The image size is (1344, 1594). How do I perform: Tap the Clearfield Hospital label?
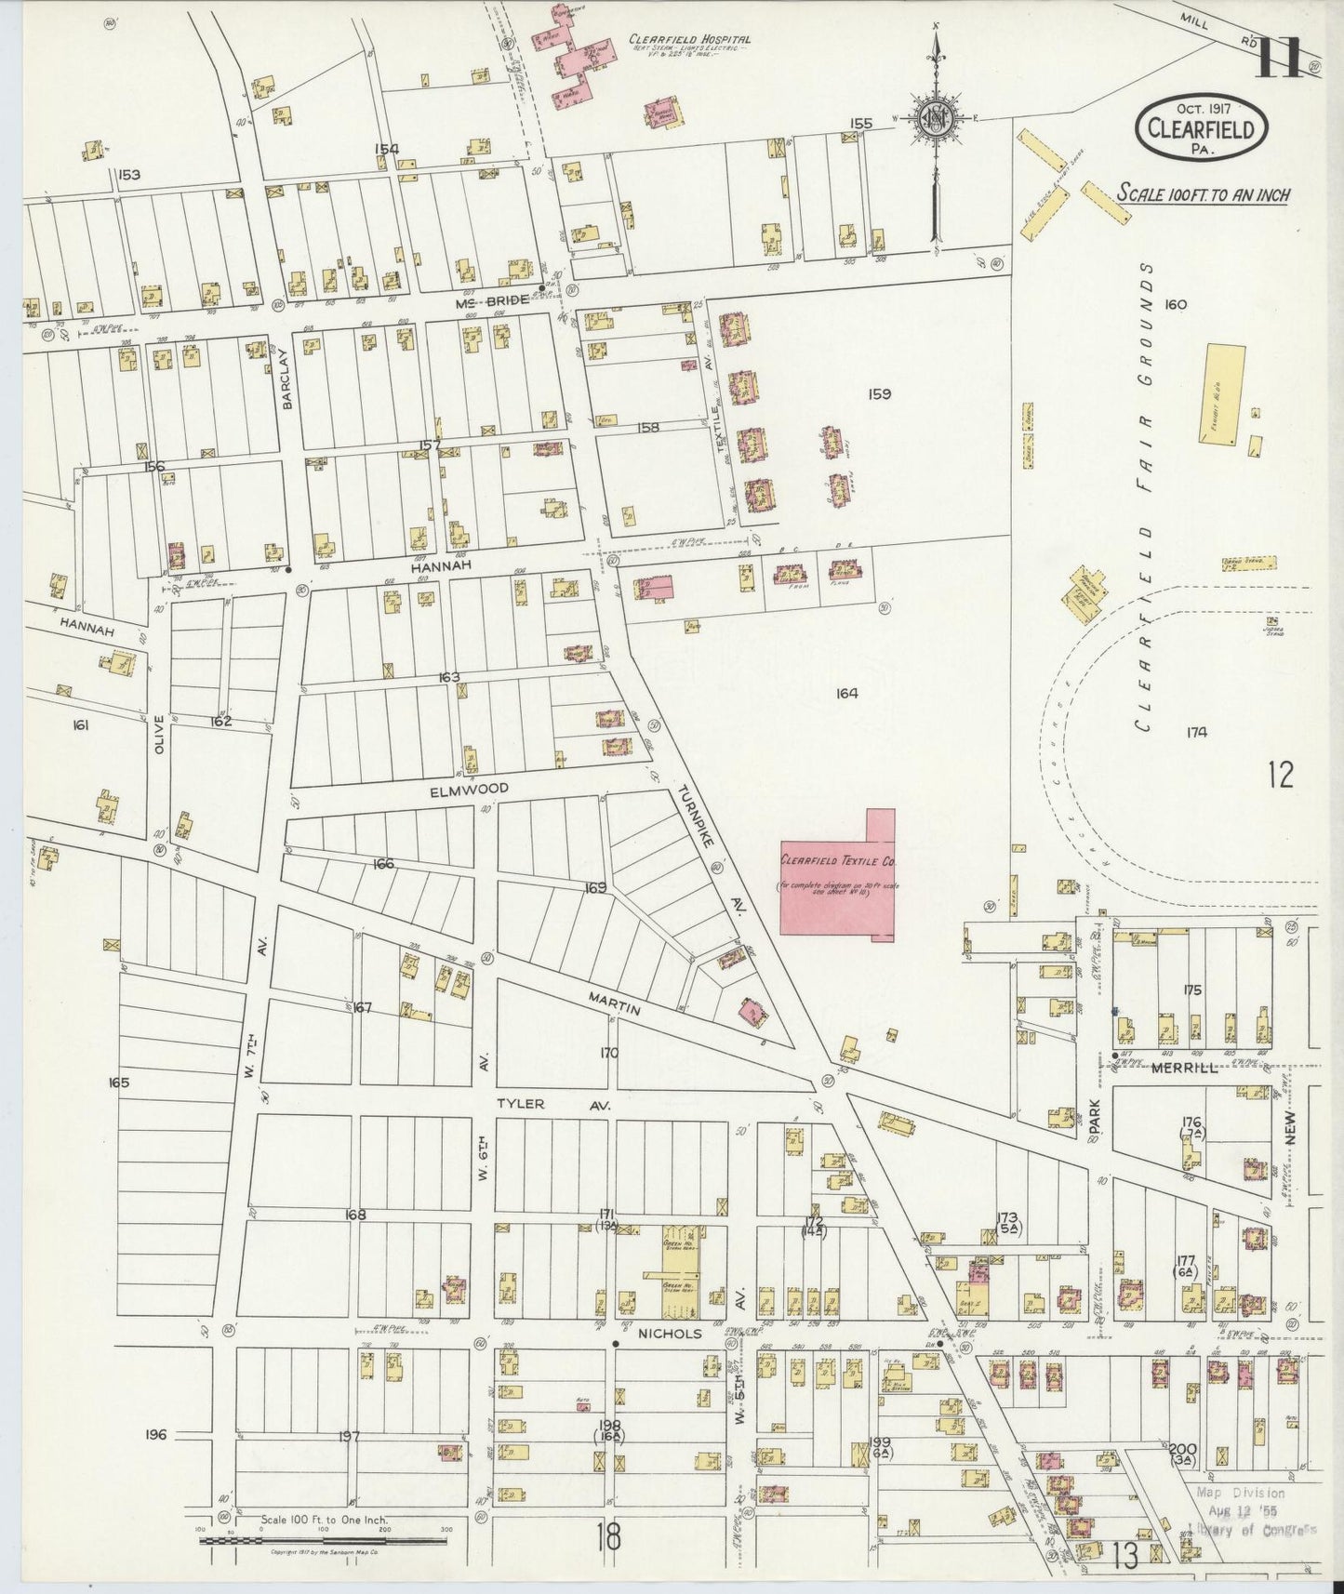click(x=688, y=40)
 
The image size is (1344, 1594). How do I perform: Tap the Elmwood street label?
click(x=469, y=789)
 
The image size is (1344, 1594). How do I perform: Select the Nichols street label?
click(x=661, y=1332)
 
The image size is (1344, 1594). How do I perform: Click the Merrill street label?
click(x=1184, y=1069)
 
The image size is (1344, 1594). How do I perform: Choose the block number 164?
click(x=845, y=693)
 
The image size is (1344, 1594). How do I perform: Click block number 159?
click(x=879, y=393)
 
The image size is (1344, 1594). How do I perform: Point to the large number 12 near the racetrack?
click(x=1280, y=774)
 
